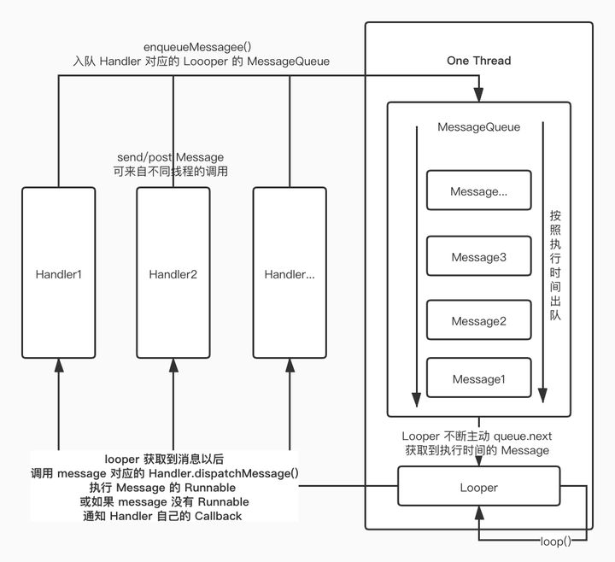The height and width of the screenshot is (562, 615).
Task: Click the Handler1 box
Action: (x=57, y=273)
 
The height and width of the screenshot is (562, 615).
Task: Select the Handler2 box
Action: (x=173, y=273)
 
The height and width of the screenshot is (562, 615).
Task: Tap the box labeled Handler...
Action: (x=289, y=273)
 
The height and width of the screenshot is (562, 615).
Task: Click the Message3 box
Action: (x=478, y=257)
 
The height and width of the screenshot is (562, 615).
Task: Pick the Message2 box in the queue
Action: (x=478, y=321)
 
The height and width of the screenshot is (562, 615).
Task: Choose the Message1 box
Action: (x=478, y=379)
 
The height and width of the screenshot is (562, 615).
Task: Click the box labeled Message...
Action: (x=478, y=192)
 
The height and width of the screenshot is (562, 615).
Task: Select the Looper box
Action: (x=478, y=488)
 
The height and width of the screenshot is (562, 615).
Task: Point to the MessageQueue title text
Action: (x=478, y=127)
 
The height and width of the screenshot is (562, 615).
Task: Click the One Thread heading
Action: (x=478, y=61)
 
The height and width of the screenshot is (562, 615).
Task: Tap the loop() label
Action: (x=556, y=542)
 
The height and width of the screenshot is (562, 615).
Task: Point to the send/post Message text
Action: (x=170, y=157)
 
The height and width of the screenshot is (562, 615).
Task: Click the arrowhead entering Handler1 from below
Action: (x=58, y=366)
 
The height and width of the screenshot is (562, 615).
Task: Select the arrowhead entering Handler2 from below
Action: (x=173, y=366)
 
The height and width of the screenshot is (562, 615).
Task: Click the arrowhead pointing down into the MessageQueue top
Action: (x=479, y=95)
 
